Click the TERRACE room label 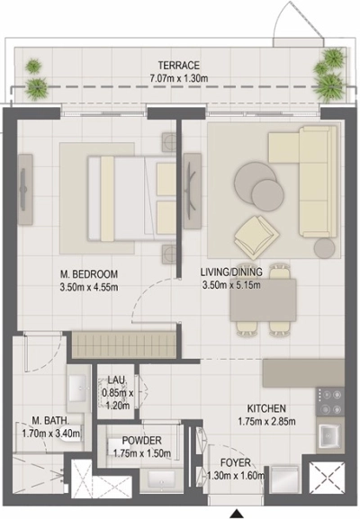pyautogui.click(x=178, y=65)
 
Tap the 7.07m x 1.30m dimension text pyautogui.click(x=178, y=77)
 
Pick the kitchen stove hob pyautogui.click(x=329, y=399)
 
